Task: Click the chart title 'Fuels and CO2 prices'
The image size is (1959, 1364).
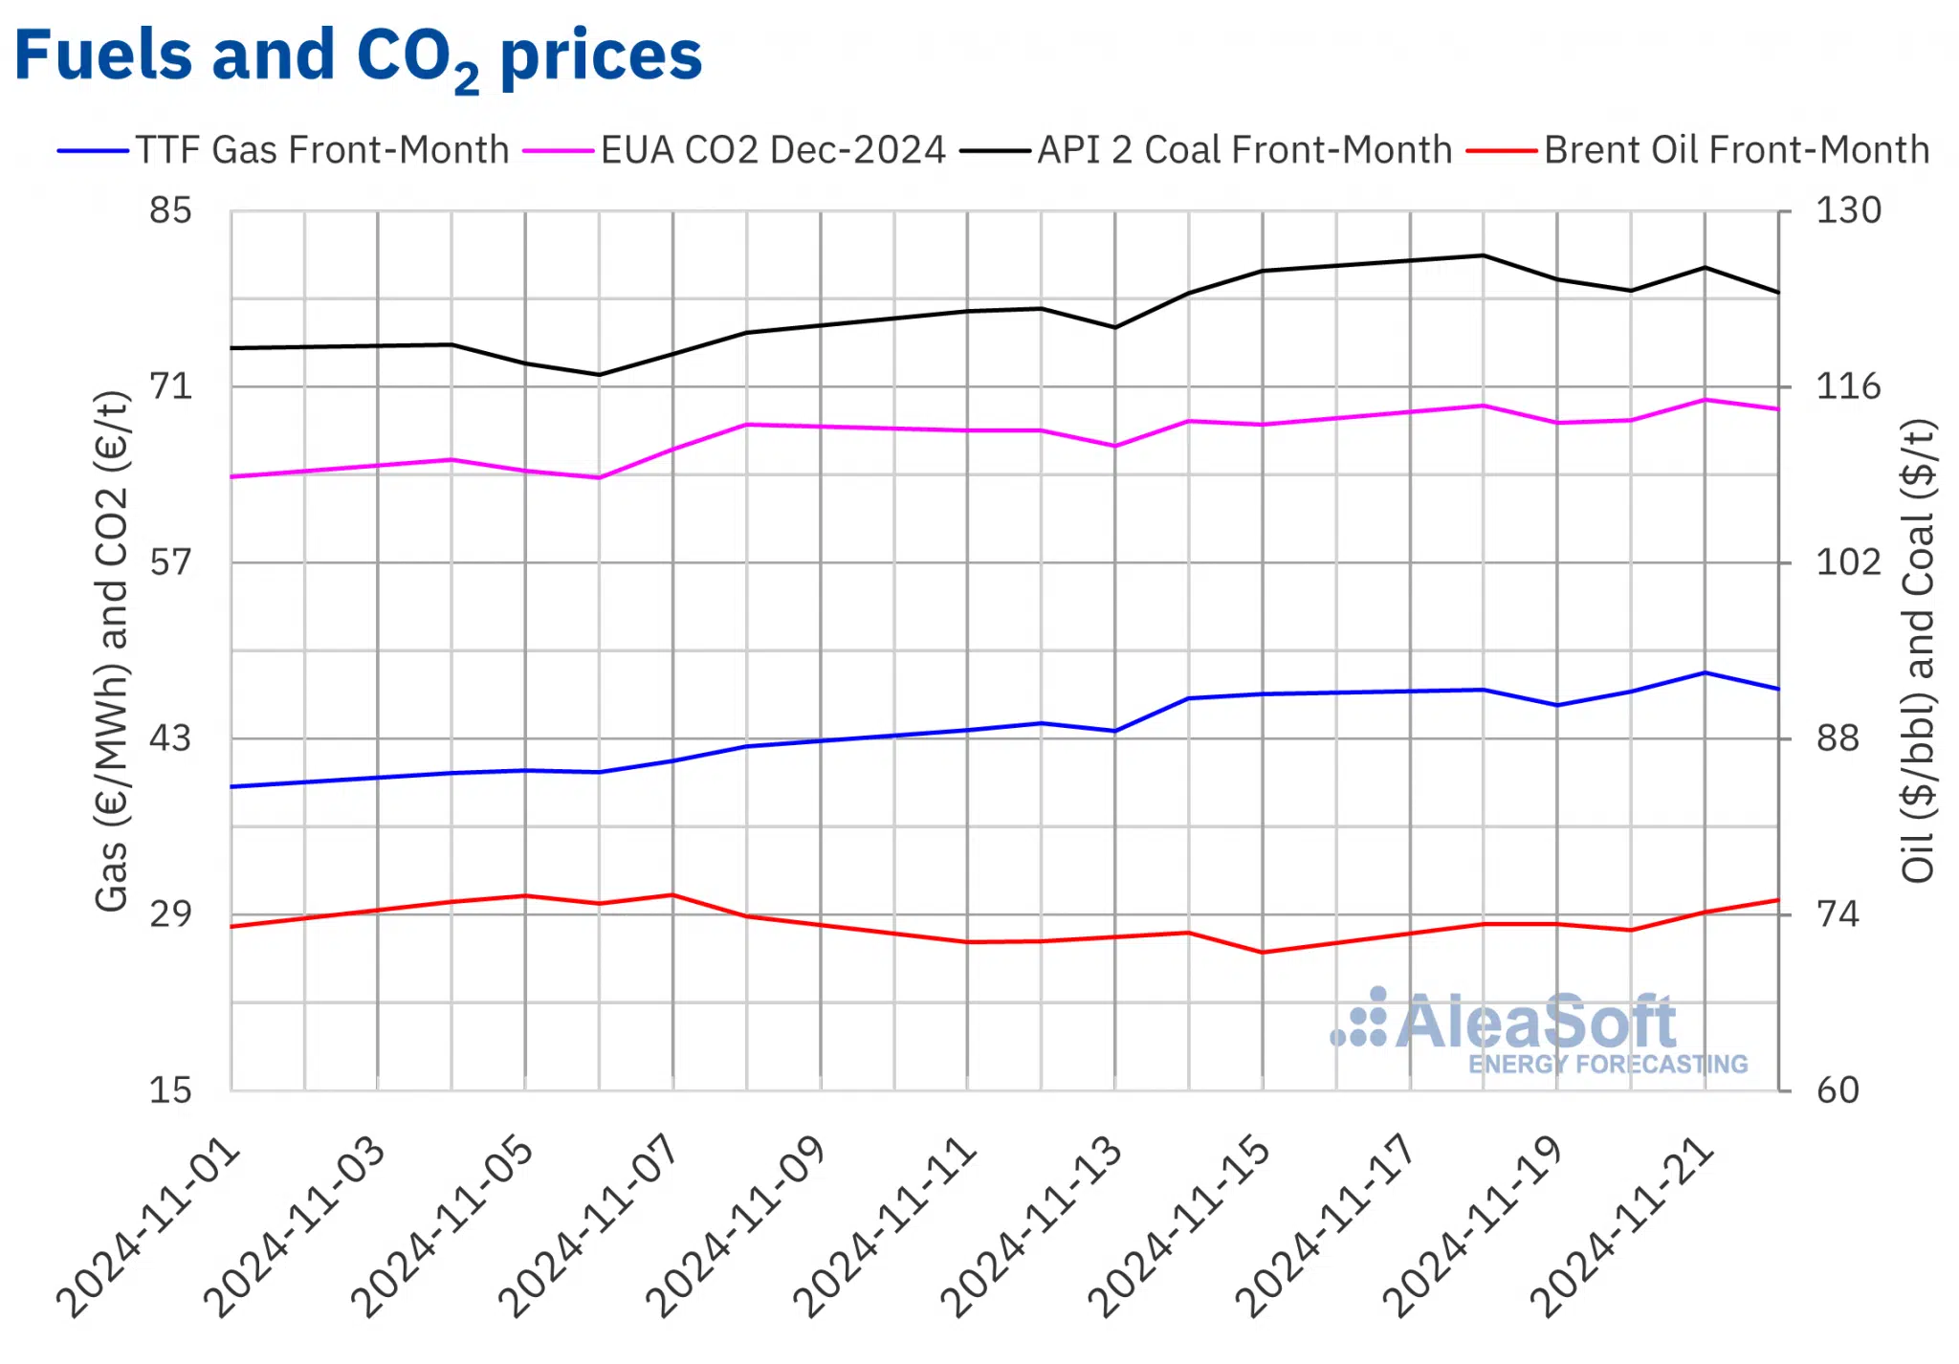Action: tap(358, 55)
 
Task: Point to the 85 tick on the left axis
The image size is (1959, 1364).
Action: tap(170, 210)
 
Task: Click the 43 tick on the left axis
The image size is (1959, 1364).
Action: tap(170, 738)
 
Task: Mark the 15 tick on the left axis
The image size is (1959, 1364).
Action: tap(170, 1090)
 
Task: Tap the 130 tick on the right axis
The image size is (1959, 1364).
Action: tap(1848, 210)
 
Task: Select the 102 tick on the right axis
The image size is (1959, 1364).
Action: tap(1848, 561)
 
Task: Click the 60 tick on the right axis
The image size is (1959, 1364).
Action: tap(1838, 1090)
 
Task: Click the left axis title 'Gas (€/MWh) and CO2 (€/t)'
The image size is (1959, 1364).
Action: tap(112, 650)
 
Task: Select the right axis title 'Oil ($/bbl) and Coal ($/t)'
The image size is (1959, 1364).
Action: tap(1918, 650)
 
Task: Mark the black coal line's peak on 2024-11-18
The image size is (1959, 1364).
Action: tap(1484, 255)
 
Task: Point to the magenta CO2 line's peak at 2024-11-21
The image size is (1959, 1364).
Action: tap(1705, 400)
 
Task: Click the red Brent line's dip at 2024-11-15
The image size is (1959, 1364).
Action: tap(1263, 953)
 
